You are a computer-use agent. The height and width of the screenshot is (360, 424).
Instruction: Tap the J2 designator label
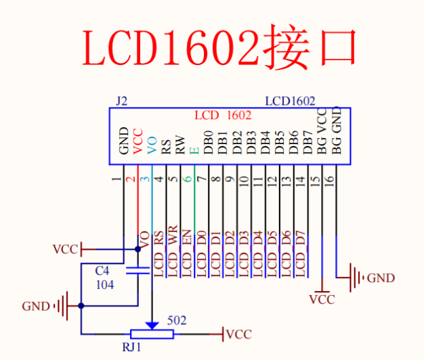pos(121,101)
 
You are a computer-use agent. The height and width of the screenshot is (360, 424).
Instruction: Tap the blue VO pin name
pos(152,144)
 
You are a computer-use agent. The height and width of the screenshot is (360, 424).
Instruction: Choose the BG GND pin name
pos(337,132)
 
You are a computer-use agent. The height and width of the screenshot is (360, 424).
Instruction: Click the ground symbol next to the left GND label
pos(63,306)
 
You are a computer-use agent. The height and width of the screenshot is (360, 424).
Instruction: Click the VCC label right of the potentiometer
pos(238,334)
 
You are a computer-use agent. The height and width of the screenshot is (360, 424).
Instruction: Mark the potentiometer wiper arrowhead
pos(152,325)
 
